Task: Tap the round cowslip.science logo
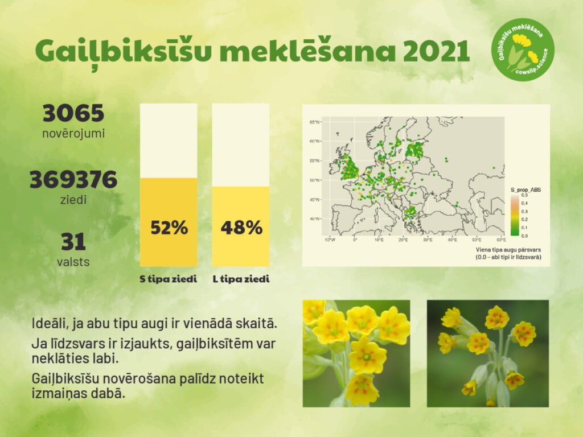523,50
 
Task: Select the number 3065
73,113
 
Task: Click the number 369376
73,179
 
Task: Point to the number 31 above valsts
73,241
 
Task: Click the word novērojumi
73,133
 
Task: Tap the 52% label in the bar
169,228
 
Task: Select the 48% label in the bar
241,228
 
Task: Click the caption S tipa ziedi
168,279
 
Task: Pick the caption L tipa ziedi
241,279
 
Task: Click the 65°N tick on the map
314,122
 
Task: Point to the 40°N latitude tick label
314,219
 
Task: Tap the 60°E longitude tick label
501,240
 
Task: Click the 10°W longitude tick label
330,240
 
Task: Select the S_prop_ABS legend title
525,189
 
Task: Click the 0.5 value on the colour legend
524,195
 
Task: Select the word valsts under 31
73,262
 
